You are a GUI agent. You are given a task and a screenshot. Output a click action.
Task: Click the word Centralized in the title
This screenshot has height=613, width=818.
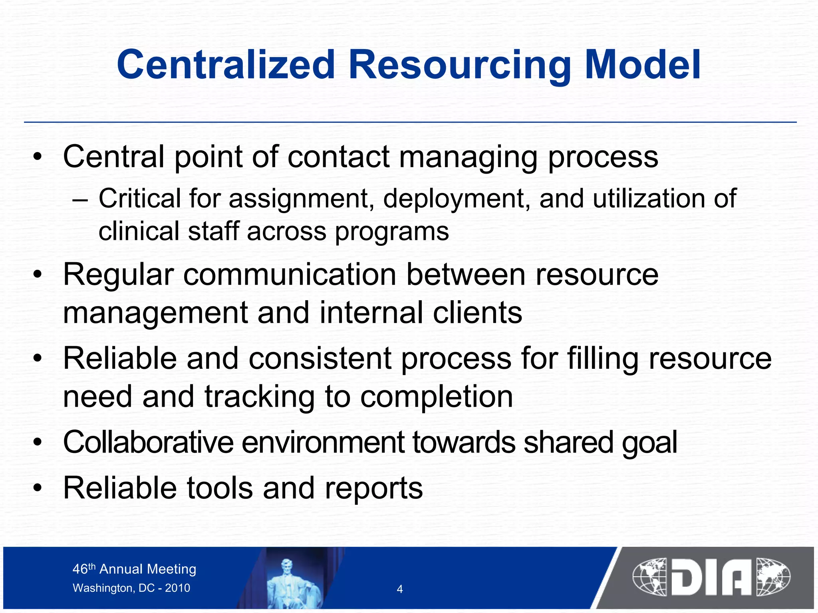(226, 65)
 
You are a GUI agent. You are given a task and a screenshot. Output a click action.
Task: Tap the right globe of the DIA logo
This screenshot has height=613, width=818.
(773, 577)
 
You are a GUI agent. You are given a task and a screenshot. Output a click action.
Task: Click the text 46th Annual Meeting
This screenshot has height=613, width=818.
(134, 569)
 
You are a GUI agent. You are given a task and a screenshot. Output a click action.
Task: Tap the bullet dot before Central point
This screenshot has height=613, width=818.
(38, 157)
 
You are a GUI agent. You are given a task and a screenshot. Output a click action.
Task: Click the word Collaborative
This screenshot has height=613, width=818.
(148, 442)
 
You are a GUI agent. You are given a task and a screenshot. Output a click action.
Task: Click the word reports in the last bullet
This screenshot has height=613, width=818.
(373, 488)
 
